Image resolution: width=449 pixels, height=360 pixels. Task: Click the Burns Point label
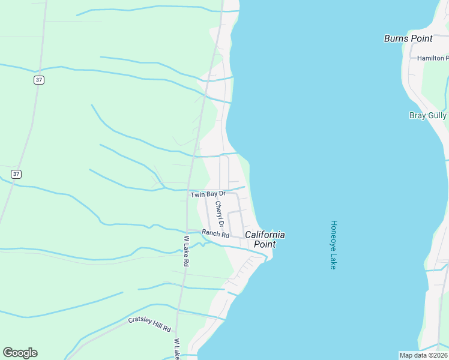pos(408,38)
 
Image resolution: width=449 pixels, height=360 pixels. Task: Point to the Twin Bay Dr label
pos(208,194)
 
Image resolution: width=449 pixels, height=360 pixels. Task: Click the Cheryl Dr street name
pos(220,215)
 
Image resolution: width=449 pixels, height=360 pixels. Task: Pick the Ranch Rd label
pos(215,234)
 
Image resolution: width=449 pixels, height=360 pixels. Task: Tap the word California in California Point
pos(265,235)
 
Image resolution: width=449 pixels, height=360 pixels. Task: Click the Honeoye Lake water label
pos(334,244)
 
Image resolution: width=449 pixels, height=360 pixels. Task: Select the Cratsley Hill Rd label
pos(149,325)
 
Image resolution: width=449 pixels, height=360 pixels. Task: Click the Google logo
pos(20,353)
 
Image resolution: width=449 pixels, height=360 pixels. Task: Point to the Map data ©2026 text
pos(423,355)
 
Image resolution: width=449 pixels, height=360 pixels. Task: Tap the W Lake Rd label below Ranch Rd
pos(186,251)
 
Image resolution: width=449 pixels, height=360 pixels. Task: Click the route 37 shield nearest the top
pos(38,80)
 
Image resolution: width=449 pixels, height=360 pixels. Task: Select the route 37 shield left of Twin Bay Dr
pos(16,174)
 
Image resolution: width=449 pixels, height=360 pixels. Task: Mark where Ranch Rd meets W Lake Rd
pos(187,230)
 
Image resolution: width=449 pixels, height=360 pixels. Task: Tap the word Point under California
pos(265,244)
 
